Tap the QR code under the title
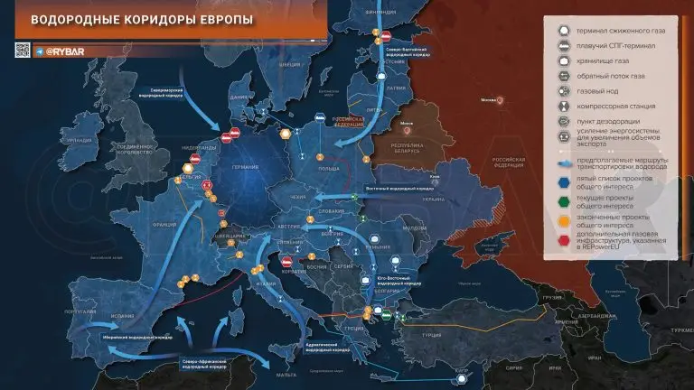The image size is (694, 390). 23,50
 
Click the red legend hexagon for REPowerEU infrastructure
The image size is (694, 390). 562,240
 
